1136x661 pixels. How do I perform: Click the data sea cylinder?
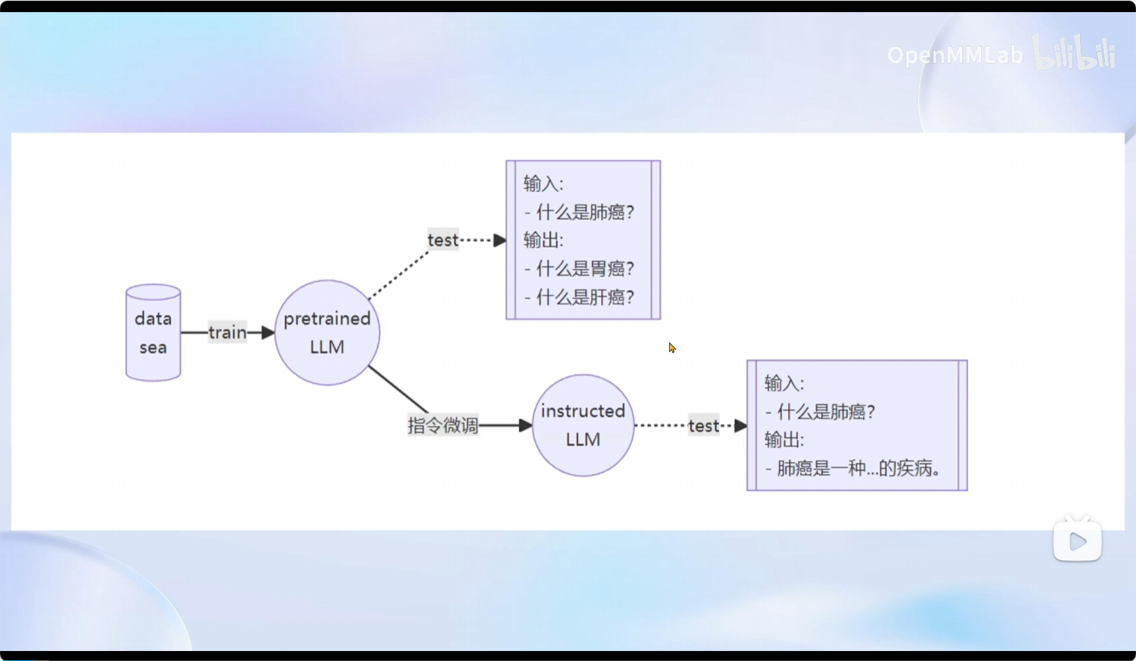click(x=153, y=333)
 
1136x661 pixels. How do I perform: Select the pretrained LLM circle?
click(x=327, y=333)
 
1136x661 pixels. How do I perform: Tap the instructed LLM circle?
click(x=583, y=425)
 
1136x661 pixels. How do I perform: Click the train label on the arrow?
click(x=227, y=333)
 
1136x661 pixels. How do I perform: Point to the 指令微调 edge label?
click(x=443, y=425)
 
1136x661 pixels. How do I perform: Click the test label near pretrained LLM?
click(x=443, y=240)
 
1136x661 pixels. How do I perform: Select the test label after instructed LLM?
click(x=703, y=426)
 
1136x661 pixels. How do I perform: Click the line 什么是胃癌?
click(x=584, y=269)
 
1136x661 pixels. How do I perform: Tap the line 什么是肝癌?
click(x=584, y=297)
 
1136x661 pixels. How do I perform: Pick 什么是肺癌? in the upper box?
click(x=584, y=212)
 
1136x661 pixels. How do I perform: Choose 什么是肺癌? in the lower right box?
click(x=825, y=412)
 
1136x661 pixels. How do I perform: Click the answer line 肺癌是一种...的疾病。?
click(x=859, y=468)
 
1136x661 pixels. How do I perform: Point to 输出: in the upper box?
click(x=543, y=240)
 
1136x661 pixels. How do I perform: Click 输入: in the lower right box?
click(x=784, y=383)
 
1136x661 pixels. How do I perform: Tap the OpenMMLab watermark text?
click(x=954, y=55)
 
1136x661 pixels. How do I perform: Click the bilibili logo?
click(x=1075, y=53)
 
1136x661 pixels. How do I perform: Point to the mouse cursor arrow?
click(x=671, y=347)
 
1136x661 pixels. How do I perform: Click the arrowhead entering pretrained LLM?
click(x=268, y=333)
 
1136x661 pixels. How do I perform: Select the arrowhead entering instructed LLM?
click(x=526, y=425)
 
